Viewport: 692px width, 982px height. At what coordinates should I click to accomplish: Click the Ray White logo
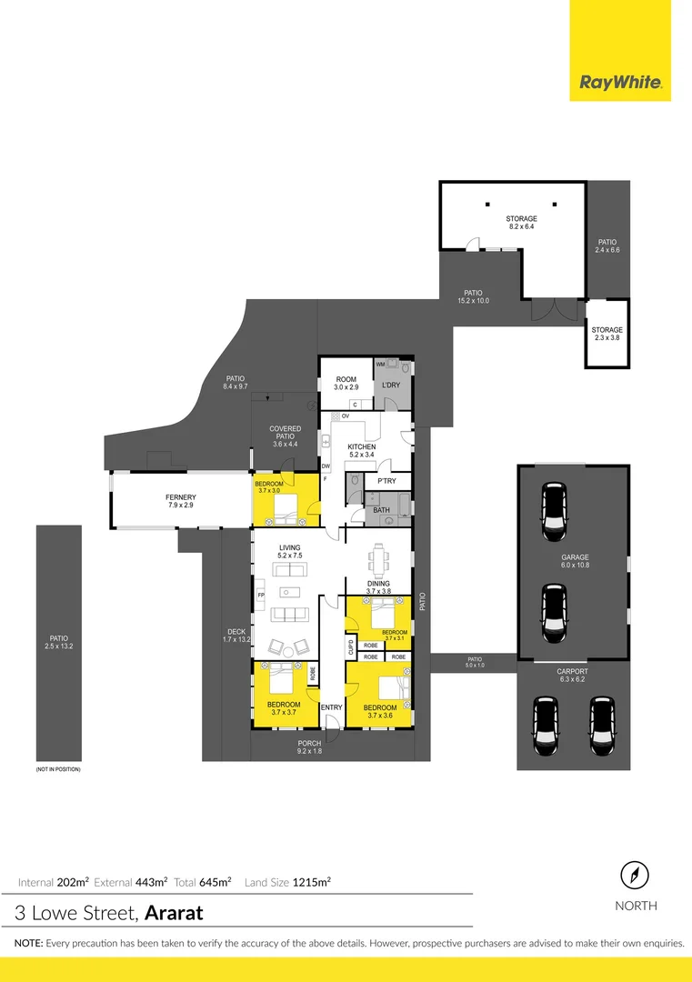point(620,84)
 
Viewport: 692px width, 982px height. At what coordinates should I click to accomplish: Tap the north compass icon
point(636,877)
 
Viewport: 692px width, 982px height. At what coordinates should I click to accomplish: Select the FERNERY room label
point(180,497)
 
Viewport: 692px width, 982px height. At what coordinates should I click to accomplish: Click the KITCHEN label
point(362,447)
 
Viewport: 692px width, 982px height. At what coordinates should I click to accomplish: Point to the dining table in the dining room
point(378,557)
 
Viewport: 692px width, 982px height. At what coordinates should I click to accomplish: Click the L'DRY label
point(390,386)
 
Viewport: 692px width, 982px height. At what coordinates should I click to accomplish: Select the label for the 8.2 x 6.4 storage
point(521,219)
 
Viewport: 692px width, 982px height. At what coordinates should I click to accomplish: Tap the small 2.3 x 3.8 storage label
point(607,330)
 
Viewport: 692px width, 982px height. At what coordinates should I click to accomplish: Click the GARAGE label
point(575,557)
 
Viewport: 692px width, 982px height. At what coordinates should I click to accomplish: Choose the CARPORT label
point(573,671)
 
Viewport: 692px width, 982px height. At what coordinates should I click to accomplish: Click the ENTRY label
point(331,707)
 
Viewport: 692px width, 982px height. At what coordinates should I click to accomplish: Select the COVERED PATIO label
point(285,433)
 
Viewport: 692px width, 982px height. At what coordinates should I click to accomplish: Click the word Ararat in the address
point(174,912)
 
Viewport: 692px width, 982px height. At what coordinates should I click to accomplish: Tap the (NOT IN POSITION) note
point(58,769)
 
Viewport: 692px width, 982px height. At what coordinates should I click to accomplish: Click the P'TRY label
point(386,481)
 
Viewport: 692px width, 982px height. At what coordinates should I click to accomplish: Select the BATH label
point(382,510)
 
